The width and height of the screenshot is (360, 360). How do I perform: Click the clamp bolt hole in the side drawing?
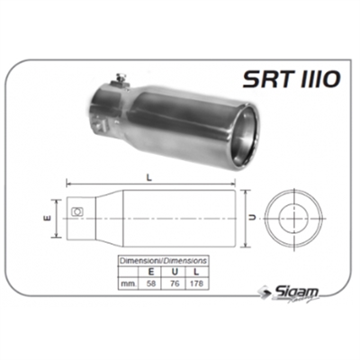(77, 212)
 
